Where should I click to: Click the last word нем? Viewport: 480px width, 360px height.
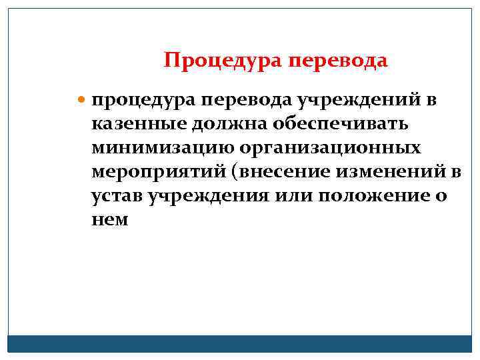(110, 220)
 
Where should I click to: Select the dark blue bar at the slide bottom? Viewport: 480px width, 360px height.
(240, 343)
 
